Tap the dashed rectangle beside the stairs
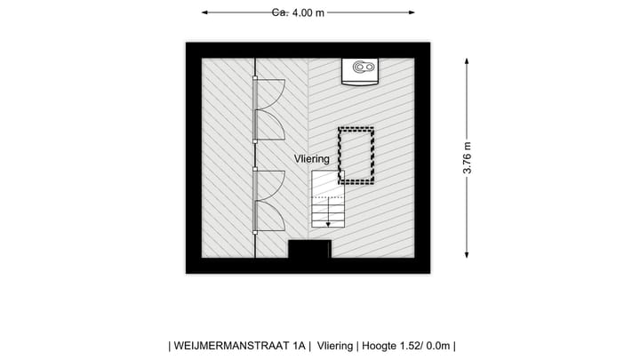[356, 156]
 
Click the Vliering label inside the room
[312, 158]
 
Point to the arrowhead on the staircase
[327, 224]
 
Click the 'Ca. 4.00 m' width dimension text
[298, 12]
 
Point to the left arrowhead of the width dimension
[205, 12]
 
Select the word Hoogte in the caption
[381, 346]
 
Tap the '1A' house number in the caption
[299, 346]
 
